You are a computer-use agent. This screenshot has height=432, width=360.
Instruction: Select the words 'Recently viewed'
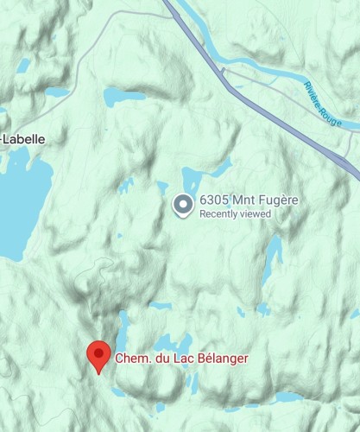pyautogui.click(x=235, y=214)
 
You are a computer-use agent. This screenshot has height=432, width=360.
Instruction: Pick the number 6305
pyautogui.click(x=214, y=200)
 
